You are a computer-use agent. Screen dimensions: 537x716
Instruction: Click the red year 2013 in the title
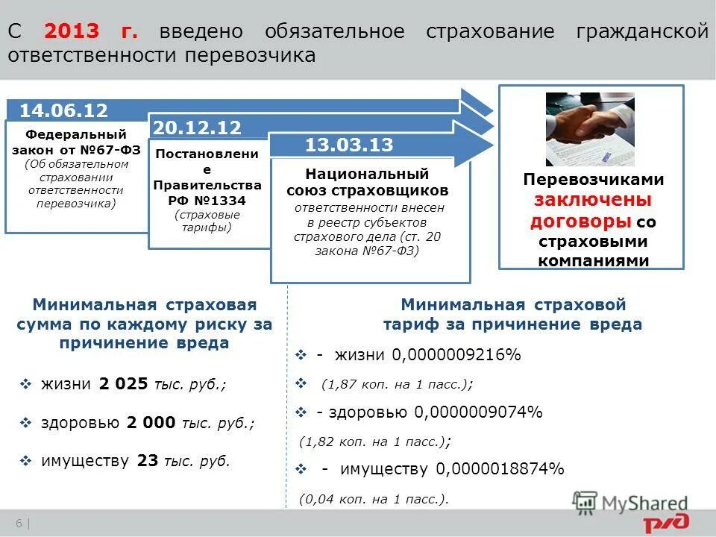71,32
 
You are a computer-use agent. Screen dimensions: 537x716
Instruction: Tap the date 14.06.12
63,111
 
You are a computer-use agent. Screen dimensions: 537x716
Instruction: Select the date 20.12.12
197,128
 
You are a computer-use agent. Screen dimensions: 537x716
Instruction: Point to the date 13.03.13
349,145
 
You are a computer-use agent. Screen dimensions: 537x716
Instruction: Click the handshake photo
590,129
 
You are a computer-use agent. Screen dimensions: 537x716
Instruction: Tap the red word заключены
593,201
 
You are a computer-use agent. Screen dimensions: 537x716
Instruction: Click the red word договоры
581,222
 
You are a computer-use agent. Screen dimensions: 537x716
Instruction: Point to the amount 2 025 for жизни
123,384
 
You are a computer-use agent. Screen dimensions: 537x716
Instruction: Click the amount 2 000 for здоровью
152,423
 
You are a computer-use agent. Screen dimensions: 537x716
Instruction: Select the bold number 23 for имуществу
148,461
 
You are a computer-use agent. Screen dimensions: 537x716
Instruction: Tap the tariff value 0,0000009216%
458,355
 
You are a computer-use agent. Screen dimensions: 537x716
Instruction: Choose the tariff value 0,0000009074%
479,412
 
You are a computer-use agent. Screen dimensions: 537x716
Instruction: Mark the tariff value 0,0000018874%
500,469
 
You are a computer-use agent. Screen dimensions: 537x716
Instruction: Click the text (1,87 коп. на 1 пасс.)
396,384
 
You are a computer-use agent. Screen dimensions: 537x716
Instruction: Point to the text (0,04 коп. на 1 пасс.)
374,500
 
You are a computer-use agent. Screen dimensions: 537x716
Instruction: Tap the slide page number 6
16,522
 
